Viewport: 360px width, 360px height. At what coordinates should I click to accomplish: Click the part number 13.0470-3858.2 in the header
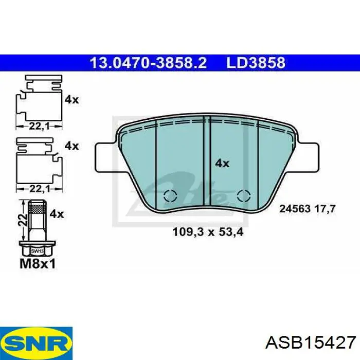(149, 63)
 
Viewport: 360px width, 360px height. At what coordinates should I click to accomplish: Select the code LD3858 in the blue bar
(256, 63)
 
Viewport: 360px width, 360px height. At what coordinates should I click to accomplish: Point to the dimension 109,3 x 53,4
(207, 232)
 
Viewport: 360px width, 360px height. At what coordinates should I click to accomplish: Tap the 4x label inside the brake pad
(222, 164)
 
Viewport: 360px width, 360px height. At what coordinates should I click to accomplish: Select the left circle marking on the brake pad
(170, 196)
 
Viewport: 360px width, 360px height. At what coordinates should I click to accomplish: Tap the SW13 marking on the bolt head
(36, 251)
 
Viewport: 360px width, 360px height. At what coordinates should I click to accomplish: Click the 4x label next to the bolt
(57, 213)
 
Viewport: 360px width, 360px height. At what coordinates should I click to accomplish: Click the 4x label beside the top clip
(71, 100)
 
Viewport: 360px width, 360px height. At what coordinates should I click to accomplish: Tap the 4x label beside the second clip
(71, 146)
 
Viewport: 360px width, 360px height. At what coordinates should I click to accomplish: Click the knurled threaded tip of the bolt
(36, 208)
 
